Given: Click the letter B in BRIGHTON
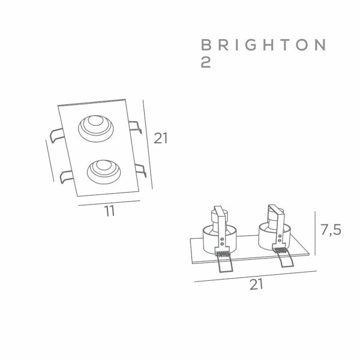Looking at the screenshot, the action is pyautogui.click(x=206, y=45).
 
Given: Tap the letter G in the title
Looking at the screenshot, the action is pyautogui.click(x=250, y=45).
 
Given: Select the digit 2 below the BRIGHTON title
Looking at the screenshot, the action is pyautogui.click(x=206, y=62).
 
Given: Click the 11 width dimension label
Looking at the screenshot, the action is pyautogui.click(x=109, y=211).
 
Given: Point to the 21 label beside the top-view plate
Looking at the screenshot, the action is pyautogui.click(x=160, y=138).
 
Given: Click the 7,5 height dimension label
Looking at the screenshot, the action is pyautogui.click(x=331, y=230).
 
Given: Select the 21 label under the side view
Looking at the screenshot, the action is pyautogui.click(x=256, y=284).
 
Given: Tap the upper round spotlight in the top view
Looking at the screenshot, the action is pyautogui.click(x=96, y=128).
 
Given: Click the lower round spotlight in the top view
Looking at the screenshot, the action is pyautogui.click(x=104, y=172).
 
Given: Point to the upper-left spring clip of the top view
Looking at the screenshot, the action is pyautogui.click(x=56, y=136).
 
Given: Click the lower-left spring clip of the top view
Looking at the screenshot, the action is pyautogui.click(x=67, y=177).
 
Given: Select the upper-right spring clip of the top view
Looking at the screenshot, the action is pyautogui.click(x=135, y=127).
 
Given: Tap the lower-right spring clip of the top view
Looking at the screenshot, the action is pyautogui.click(x=140, y=170).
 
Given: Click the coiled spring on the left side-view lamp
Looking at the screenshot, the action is pyautogui.click(x=223, y=254).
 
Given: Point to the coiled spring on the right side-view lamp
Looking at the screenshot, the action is pyautogui.click(x=280, y=250).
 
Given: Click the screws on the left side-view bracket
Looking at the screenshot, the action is pyautogui.click(x=222, y=241).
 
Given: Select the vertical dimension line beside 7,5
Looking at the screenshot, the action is pyautogui.click(x=315, y=233).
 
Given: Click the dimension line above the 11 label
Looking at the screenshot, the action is pyautogui.click(x=109, y=203).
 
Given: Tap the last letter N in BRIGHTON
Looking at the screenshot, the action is pyautogui.click(x=320, y=45).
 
